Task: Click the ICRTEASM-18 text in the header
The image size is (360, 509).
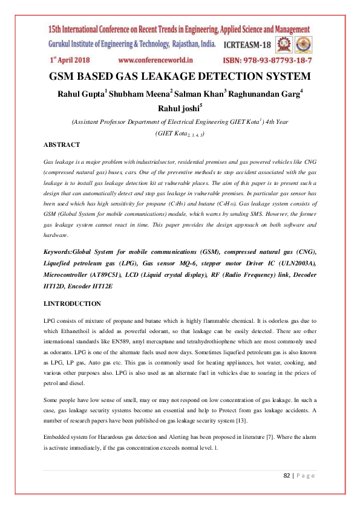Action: pyautogui.click(x=249, y=45)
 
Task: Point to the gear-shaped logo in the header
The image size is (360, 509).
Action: pyautogui.click(x=284, y=44)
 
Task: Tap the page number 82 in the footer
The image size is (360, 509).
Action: pyautogui.click(x=288, y=475)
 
